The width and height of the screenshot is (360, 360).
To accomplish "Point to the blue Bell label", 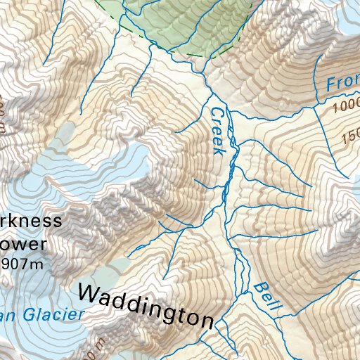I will tap(268, 297).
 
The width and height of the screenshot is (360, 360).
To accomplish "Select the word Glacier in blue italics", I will tap(51, 315).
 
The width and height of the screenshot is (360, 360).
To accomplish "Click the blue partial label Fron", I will tap(342, 82).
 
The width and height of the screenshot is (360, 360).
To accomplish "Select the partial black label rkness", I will tap(30, 221).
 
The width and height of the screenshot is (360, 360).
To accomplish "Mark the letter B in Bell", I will tap(259, 288).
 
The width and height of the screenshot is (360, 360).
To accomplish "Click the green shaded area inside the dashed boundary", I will tap(190, 28).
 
